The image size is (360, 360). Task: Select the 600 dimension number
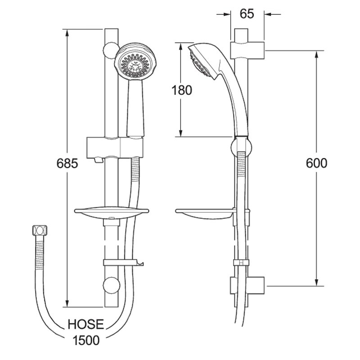pos(316,163)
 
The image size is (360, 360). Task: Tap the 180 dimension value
pos(182,90)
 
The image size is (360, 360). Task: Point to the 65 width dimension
pos(247,14)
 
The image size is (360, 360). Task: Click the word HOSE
pos(86,324)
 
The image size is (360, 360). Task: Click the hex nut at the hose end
pos(39,230)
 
